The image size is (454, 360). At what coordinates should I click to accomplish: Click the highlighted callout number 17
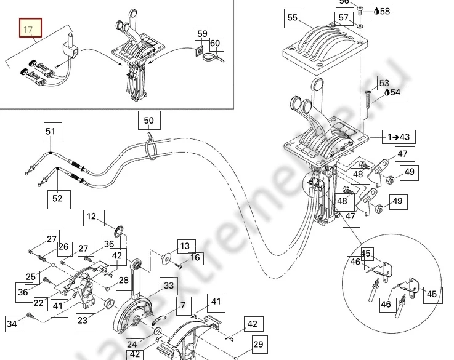point(28,29)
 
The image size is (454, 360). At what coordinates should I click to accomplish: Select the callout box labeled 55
point(292,18)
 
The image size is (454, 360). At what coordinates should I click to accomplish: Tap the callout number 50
point(149,121)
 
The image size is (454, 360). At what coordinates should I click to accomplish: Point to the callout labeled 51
point(51,131)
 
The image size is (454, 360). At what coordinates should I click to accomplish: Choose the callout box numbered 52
point(57,198)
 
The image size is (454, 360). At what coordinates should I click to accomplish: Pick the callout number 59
point(203,33)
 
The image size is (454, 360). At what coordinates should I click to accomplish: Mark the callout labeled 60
point(215,43)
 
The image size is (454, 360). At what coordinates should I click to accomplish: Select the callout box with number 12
point(92,217)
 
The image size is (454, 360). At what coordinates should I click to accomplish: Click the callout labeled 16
point(195,257)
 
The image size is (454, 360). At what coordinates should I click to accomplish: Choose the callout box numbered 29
point(258,345)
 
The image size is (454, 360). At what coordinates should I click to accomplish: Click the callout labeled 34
point(12,322)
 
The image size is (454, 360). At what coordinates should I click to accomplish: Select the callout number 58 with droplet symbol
point(383,11)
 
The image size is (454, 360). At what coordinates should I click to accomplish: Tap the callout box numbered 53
point(384,82)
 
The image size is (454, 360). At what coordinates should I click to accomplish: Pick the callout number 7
point(182,304)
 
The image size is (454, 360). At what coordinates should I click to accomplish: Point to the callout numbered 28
point(124,280)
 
